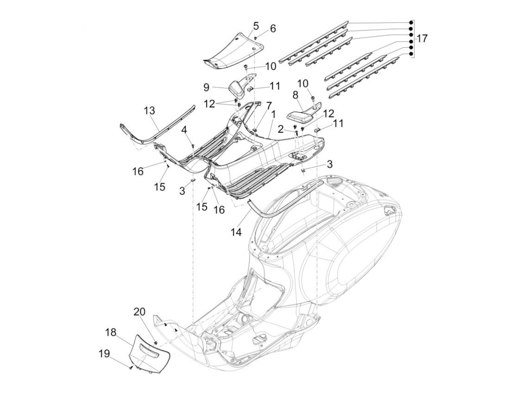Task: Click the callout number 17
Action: tap(422, 39)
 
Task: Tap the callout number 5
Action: tap(256, 26)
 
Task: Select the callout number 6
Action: tap(273, 28)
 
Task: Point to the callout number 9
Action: tap(206, 88)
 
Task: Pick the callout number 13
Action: tap(150, 111)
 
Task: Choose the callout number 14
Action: tap(236, 232)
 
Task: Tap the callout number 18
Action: tap(111, 332)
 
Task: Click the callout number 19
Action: tap(104, 353)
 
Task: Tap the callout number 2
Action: tap(281, 129)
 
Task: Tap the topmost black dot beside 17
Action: tap(411, 22)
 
